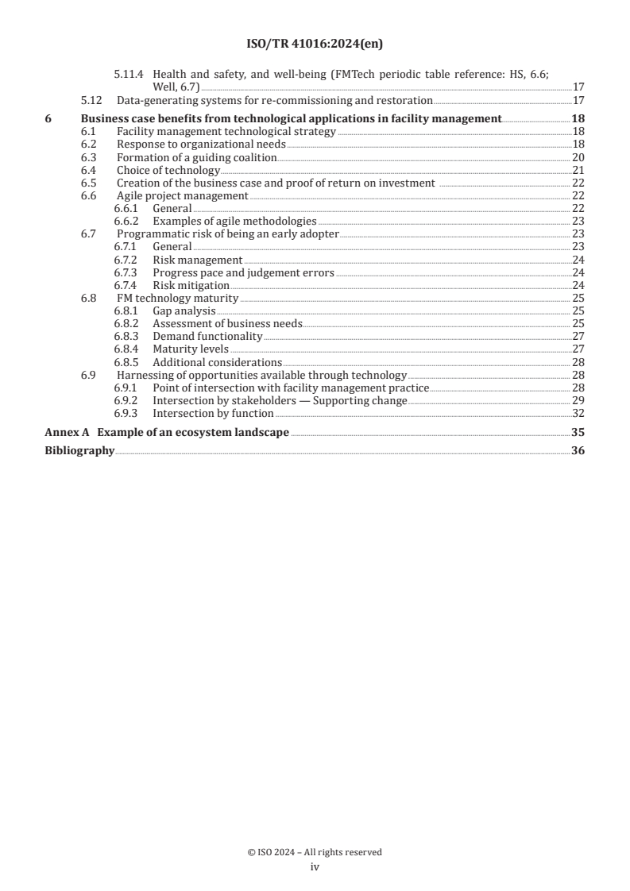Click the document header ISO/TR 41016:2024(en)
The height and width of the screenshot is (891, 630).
pyautogui.click(x=315, y=44)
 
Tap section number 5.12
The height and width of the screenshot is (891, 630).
pyautogui.click(x=92, y=101)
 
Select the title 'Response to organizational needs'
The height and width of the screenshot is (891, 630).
pyautogui.click(x=201, y=145)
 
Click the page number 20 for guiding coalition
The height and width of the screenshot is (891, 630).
pyautogui.click(x=578, y=157)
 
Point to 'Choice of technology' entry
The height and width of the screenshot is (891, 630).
pyautogui.click(x=168, y=170)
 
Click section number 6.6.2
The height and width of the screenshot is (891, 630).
pyautogui.click(x=126, y=221)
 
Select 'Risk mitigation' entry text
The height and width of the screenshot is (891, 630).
pyautogui.click(x=191, y=285)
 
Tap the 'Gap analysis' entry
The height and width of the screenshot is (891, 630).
pyautogui.click(x=184, y=310)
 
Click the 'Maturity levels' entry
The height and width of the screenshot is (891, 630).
pyautogui.click(x=190, y=349)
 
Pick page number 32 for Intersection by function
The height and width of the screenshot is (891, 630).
pyautogui.click(x=578, y=413)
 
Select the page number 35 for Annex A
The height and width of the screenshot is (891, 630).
pyautogui.click(x=578, y=433)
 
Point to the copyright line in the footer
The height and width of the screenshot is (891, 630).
pyautogui.click(x=315, y=852)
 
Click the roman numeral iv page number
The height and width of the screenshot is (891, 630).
pyautogui.click(x=315, y=867)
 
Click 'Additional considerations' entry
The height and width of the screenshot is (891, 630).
pyautogui.click(x=217, y=362)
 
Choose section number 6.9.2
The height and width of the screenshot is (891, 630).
pyautogui.click(x=126, y=400)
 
